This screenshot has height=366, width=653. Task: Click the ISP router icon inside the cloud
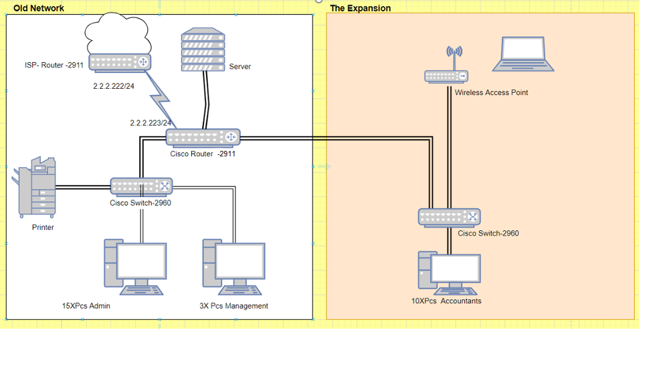120,63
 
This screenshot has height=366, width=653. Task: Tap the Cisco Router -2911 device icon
202,137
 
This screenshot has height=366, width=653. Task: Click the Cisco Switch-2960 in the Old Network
141,186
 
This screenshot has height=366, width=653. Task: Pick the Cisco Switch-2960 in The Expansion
449,216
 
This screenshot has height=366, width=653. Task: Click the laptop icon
523,54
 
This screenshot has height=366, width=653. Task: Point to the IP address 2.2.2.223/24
151,123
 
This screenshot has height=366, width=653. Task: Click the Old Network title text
39,8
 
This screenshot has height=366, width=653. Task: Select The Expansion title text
360,8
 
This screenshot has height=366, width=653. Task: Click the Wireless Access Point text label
491,93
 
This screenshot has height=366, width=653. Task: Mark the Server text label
240,67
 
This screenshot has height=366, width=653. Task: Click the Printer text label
43,228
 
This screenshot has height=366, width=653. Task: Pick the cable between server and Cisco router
206,100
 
